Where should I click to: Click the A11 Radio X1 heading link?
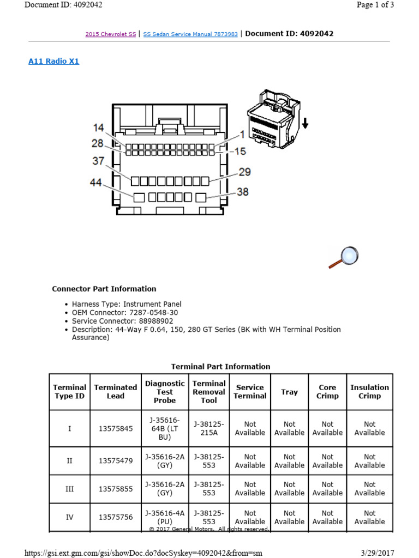[53, 62]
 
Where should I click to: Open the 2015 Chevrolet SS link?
[111, 34]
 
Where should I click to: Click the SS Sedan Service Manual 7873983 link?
[190, 34]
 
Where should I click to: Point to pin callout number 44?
[96, 183]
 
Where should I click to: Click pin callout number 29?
[244, 172]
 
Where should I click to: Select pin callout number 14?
[98, 128]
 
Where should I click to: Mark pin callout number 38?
[243, 192]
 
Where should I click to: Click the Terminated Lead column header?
[116, 392]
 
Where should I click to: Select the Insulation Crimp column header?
[369, 392]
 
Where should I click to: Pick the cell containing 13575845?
[116, 428]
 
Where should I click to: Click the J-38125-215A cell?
[208, 428]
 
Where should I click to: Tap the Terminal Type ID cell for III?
[69, 488]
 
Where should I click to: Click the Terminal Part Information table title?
[220, 367]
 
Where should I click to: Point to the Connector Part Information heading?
[104, 289]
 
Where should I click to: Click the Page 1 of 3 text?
[375, 5]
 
